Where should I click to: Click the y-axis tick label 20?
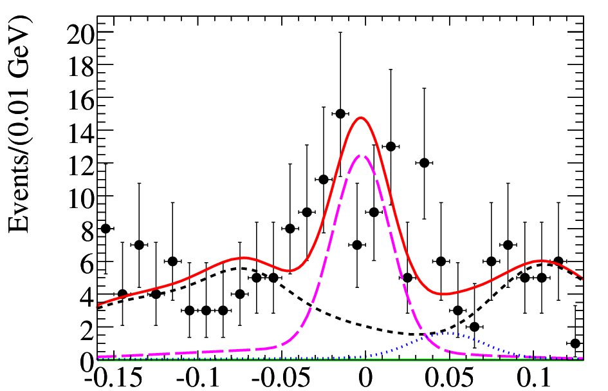[x=79, y=32]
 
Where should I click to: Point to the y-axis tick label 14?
[x=79, y=131]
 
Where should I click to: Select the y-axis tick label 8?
[x=86, y=229]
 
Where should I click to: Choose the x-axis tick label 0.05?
[x=450, y=379]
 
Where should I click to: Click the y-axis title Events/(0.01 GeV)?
[x=19, y=124]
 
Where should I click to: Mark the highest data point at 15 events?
[x=340, y=114]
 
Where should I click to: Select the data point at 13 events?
[x=391, y=146]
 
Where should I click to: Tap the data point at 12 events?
[x=424, y=163]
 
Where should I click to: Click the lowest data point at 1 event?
[x=575, y=343]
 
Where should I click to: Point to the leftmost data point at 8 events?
[x=106, y=228]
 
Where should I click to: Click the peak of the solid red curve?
[x=361, y=118]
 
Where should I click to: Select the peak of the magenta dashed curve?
[x=361, y=155]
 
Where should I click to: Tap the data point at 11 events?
[x=324, y=179]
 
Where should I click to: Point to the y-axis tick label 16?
[x=79, y=98]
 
